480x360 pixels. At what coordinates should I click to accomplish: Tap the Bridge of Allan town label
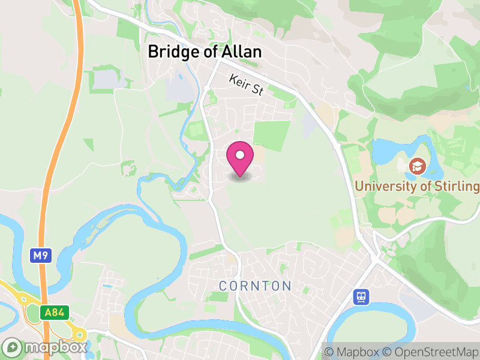point(205,52)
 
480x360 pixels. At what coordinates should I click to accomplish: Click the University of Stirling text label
point(417,186)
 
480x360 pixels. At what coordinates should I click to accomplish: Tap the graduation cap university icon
point(416,166)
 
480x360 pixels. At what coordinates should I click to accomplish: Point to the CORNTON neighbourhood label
point(255,286)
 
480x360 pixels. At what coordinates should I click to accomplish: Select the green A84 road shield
point(56,313)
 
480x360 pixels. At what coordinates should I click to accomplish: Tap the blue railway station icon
point(361,296)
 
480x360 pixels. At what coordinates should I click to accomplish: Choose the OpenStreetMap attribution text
point(431,352)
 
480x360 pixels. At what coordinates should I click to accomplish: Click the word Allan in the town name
point(242,52)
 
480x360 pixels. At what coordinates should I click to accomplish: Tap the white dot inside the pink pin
point(240,155)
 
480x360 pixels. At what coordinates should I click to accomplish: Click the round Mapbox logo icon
point(12,348)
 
